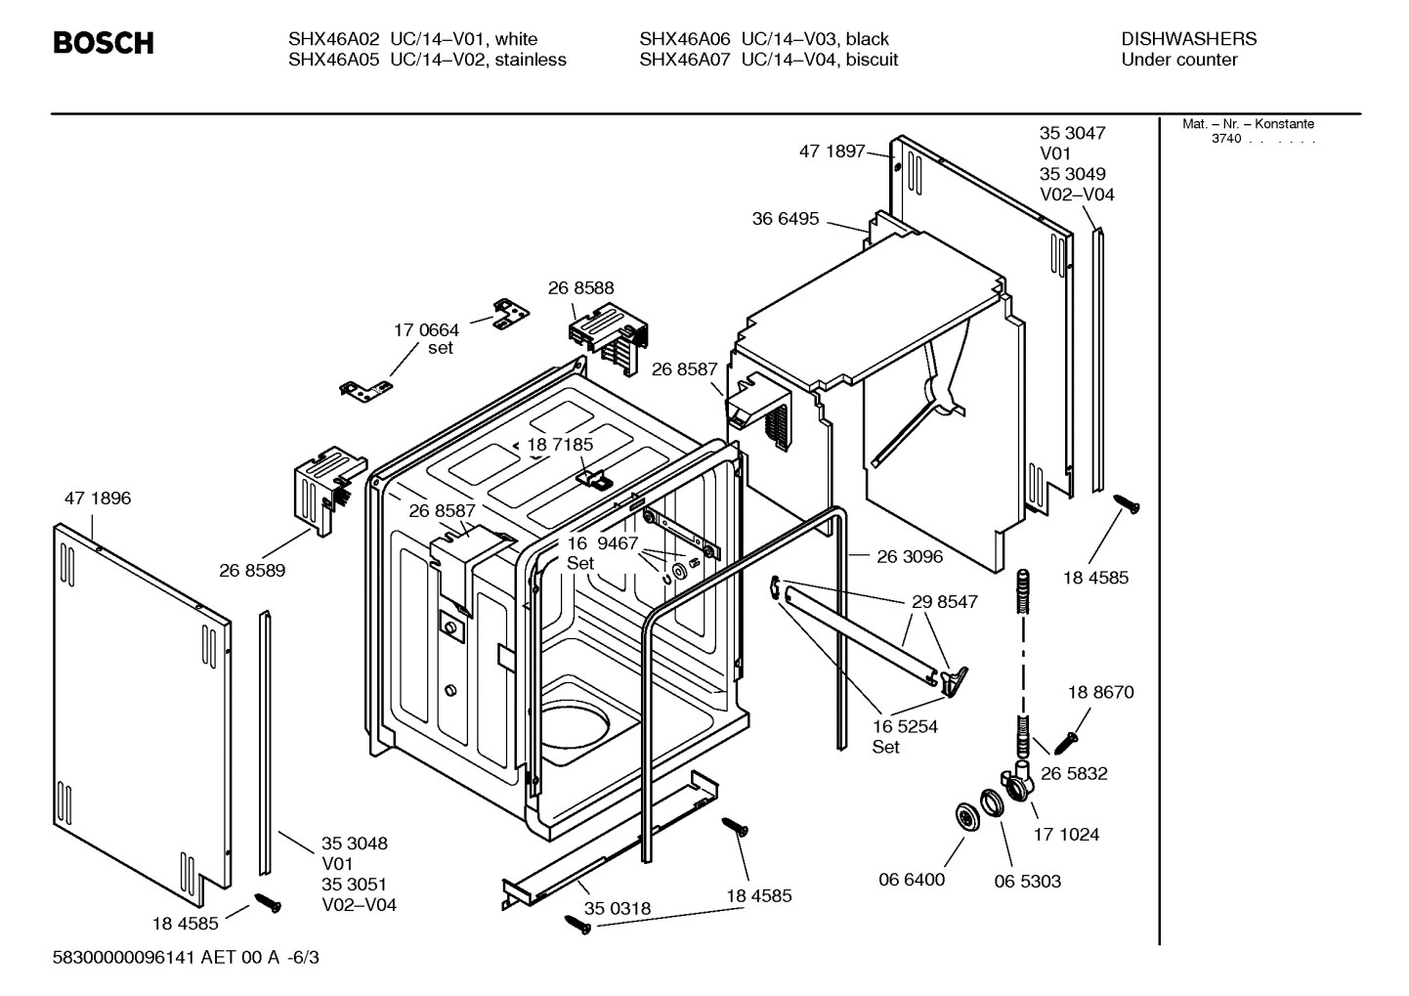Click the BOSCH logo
[x=103, y=43]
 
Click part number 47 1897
[x=832, y=151]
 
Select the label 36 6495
[x=785, y=219]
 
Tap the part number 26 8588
[x=580, y=287]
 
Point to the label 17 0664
[x=426, y=330]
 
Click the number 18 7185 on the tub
[x=560, y=445]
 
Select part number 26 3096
[x=910, y=556]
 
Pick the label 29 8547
[x=944, y=602]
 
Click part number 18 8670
[x=1100, y=692]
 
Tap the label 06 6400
[x=912, y=880]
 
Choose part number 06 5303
[x=1027, y=881]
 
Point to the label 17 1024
[x=1066, y=834]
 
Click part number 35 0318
[x=617, y=908]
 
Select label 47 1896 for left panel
[x=98, y=498]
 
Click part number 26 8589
[x=252, y=570]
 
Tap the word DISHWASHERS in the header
[x=1188, y=39]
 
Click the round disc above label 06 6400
[x=968, y=817]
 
